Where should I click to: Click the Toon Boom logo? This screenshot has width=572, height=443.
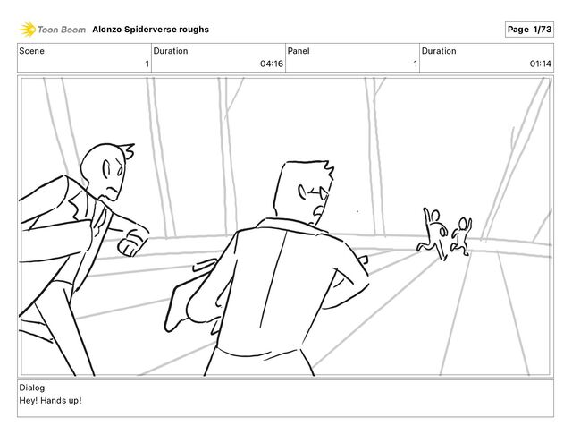click(x=54, y=30)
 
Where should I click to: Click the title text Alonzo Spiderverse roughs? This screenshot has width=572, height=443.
click(x=156, y=30)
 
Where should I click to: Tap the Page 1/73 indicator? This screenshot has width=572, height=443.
click(x=529, y=30)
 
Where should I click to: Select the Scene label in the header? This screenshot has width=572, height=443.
click(x=32, y=51)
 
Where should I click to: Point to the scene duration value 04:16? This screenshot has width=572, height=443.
click(x=271, y=64)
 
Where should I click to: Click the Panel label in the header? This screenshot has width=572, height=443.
click(x=299, y=51)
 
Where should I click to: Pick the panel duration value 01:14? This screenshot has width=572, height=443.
click(x=540, y=64)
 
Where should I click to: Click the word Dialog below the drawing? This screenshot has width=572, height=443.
click(x=32, y=388)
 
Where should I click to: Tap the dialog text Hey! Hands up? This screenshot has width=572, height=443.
click(x=50, y=400)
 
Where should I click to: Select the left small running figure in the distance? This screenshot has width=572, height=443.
click(x=433, y=230)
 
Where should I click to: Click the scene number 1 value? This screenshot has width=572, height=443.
click(x=147, y=64)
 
